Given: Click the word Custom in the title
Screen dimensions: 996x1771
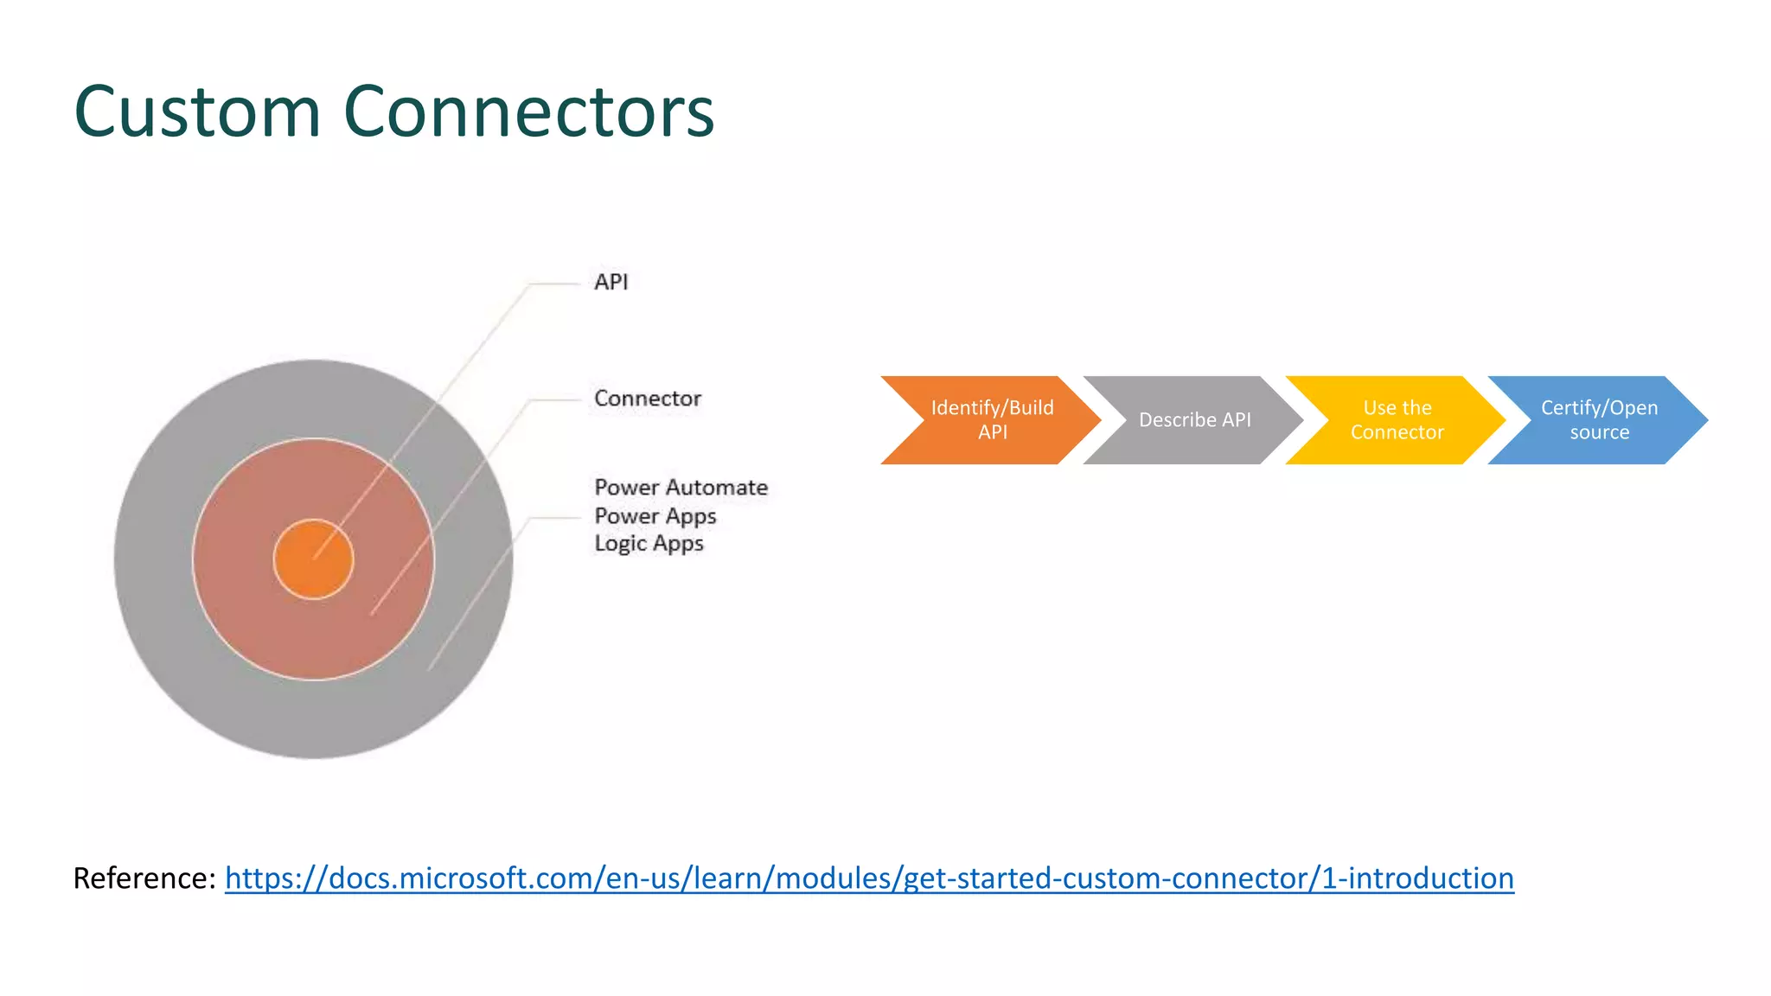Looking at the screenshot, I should pyautogui.click(x=197, y=112).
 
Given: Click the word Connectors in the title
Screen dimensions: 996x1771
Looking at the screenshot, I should pyautogui.click(x=528, y=112).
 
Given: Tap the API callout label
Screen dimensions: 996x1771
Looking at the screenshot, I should pyautogui.click(x=611, y=282).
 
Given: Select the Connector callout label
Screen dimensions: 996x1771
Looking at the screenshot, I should pyautogui.click(x=647, y=399).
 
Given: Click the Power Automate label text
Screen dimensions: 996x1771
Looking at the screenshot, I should pyautogui.click(x=681, y=488).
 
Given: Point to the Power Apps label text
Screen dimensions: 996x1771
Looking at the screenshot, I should pyautogui.click(x=655, y=516).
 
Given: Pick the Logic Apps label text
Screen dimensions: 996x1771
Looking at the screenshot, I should pyautogui.click(x=649, y=544).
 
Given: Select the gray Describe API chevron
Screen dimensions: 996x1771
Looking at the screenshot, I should pyautogui.click(x=1194, y=420).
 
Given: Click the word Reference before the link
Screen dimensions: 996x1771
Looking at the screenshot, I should pyautogui.click(x=143, y=878).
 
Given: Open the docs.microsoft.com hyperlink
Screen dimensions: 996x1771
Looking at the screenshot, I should pyautogui.click(x=868, y=878).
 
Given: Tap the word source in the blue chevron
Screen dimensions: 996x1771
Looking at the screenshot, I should pyautogui.click(x=1599, y=432).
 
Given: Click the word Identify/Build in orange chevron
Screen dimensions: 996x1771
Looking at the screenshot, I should pyautogui.click(x=992, y=408).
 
